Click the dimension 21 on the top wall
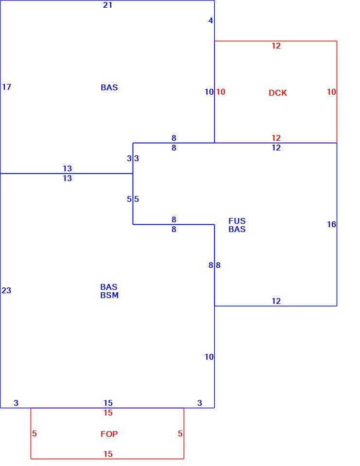108,5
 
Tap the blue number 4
211,20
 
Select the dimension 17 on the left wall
6,87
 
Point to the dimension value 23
6,290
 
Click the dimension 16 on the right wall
331,224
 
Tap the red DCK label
278,93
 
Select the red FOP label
109,434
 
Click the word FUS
237,221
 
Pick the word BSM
109,295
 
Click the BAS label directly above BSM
109,287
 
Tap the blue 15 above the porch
108,403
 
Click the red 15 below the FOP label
108,454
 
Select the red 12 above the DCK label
276,46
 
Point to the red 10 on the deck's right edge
331,92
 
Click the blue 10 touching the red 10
209,92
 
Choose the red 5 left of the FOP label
34,433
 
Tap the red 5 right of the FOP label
180,433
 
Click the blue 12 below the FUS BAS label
276,301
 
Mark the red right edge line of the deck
337,92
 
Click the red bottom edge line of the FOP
107,459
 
